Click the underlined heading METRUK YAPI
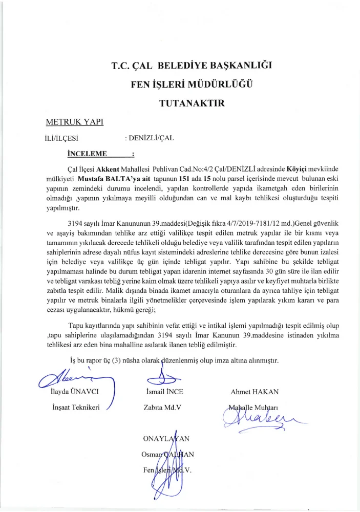tap(74, 122)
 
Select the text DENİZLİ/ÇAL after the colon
tap(153, 137)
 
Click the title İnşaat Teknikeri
tap(78, 408)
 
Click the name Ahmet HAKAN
tap(255, 392)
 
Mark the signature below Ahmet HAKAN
tap(256, 421)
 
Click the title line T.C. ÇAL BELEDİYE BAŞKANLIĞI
tap(192, 66)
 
